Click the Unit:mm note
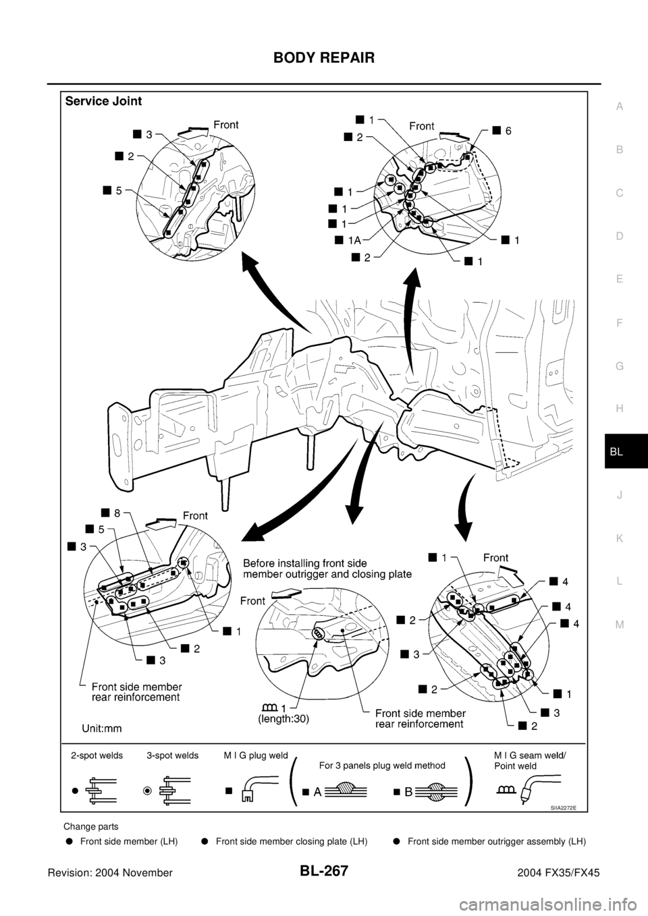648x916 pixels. click(102, 728)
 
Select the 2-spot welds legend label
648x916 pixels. click(97, 755)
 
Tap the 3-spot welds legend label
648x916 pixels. click(173, 755)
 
